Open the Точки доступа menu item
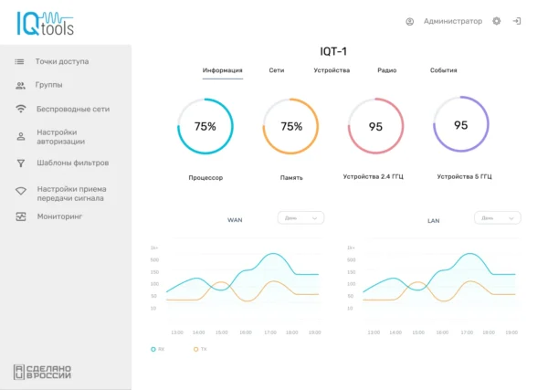click(x=62, y=61)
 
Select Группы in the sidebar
click(x=49, y=85)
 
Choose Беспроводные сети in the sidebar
click(x=73, y=109)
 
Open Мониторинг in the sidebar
click(x=59, y=216)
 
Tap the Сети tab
click(x=276, y=70)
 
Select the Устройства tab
click(x=332, y=70)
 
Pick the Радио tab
click(x=386, y=70)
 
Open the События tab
click(x=443, y=70)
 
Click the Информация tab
click(x=222, y=70)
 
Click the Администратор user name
click(x=452, y=21)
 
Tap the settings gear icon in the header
click(x=497, y=21)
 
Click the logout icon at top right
click(x=517, y=21)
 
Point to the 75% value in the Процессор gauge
click(x=205, y=126)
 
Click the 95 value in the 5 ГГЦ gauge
click(x=461, y=125)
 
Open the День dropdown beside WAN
click(x=300, y=218)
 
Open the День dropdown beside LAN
click(x=498, y=218)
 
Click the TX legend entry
click(x=200, y=349)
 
